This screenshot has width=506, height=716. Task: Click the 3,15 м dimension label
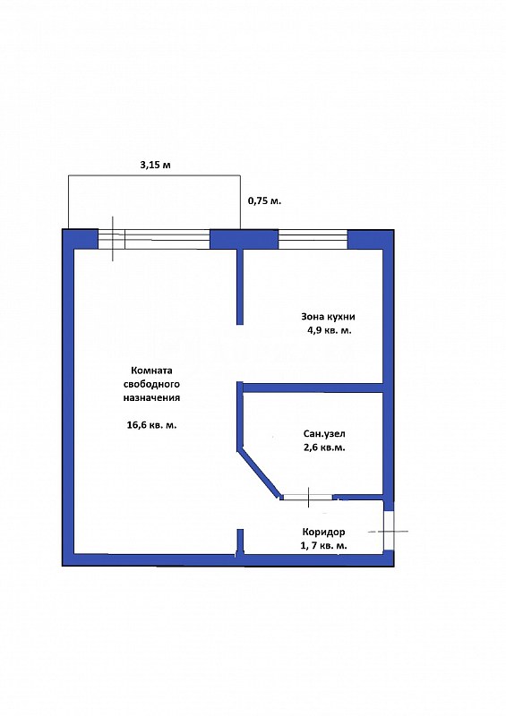pyautogui.click(x=155, y=165)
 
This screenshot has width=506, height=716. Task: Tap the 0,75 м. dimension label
pyautogui.click(x=265, y=200)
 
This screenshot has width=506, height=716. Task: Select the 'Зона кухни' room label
pyautogui.click(x=328, y=317)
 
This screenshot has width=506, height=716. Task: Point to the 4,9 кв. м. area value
pyautogui.click(x=329, y=330)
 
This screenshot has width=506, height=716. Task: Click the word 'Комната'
pyautogui.click(x=151, y=371)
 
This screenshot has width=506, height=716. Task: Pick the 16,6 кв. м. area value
pyautogui.click(x=151, y=425)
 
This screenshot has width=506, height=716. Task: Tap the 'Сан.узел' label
pyautogui.click(x=324, y=434)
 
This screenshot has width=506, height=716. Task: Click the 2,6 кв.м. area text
pyautogui.click(x=324, y=447)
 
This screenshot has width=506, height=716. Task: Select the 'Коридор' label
pyautogui.click(x=323, y=532)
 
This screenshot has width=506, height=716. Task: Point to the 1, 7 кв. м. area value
pyautogui.click(x=323, y=545)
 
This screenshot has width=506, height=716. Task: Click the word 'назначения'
pyautogui.click(x=151, y=397)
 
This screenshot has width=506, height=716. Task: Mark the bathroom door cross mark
pyautogui.click(x=309, y=498)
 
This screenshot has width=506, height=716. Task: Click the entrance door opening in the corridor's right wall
pyautogui.click(x=388, y=530)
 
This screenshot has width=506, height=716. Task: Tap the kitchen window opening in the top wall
pyautogui.click(x=313, y=240)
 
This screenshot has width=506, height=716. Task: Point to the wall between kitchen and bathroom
pyautogui.click(x=313, y=388)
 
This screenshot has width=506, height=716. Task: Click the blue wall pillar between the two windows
pyautogui.click(x=244, y=240)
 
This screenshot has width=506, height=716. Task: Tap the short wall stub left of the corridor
pyautogui.click(x=239, y=542)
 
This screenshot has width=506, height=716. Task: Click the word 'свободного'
pyautogui.click(x=151, y=384)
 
